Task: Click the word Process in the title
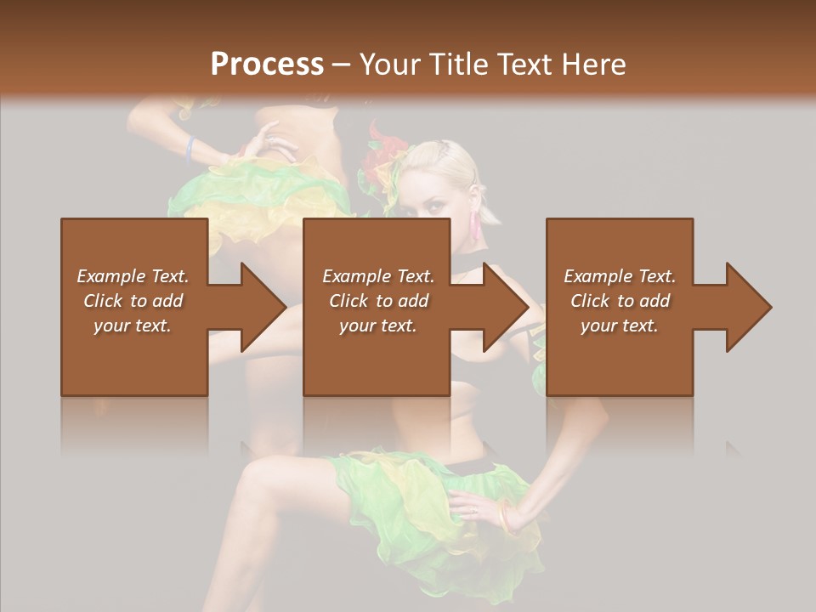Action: (267, 65)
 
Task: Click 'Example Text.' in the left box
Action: (133, 276)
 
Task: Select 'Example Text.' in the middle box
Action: (377, 276)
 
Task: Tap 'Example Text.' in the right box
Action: (620, 276)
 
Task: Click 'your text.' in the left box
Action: (133, 326)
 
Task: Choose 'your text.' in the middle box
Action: (377, 326)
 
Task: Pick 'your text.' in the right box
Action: (620, 326)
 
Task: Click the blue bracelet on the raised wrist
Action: (190, 149)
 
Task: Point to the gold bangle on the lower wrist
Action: (507, 516)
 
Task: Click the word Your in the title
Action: (388, 65)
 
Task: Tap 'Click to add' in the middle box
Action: (377, 301)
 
